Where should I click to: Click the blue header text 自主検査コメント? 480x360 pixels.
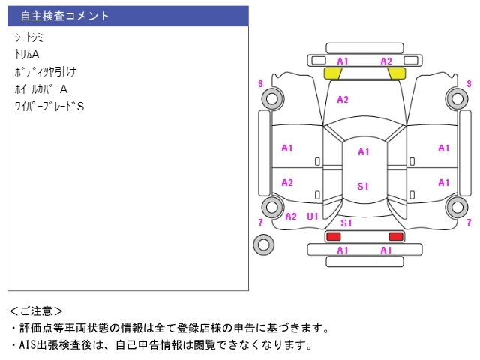[x=64, y=16]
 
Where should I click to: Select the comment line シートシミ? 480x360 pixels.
[x=28, y=37]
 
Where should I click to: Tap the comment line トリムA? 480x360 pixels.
[x=27, y=55]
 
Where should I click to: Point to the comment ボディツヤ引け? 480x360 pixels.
[x=45, y=72]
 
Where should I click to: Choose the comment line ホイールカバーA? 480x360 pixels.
[x=41, y=89]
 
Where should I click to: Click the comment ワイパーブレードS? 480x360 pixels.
[x=49, y=106]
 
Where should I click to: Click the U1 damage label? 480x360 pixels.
[x=313, y=217]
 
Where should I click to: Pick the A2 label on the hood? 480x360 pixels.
[x=343, y=100]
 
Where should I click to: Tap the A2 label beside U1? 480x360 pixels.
[x=291, y=217]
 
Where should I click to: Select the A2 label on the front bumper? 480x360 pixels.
[x=386, y=61]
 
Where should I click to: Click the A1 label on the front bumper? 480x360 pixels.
[x=343, y=61]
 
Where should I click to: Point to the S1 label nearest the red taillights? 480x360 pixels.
[x=346, y=223]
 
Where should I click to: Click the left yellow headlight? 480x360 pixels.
[x=332, y=73]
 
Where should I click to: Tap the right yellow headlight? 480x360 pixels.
[x=397, y=73]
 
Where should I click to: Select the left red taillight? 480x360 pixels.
[x=333, y=236]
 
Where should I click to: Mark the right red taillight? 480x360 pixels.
[x=396, y=236]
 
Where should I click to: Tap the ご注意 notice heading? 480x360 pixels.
[x=36, y=311]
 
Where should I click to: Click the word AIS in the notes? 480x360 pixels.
[x=27, y=345]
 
